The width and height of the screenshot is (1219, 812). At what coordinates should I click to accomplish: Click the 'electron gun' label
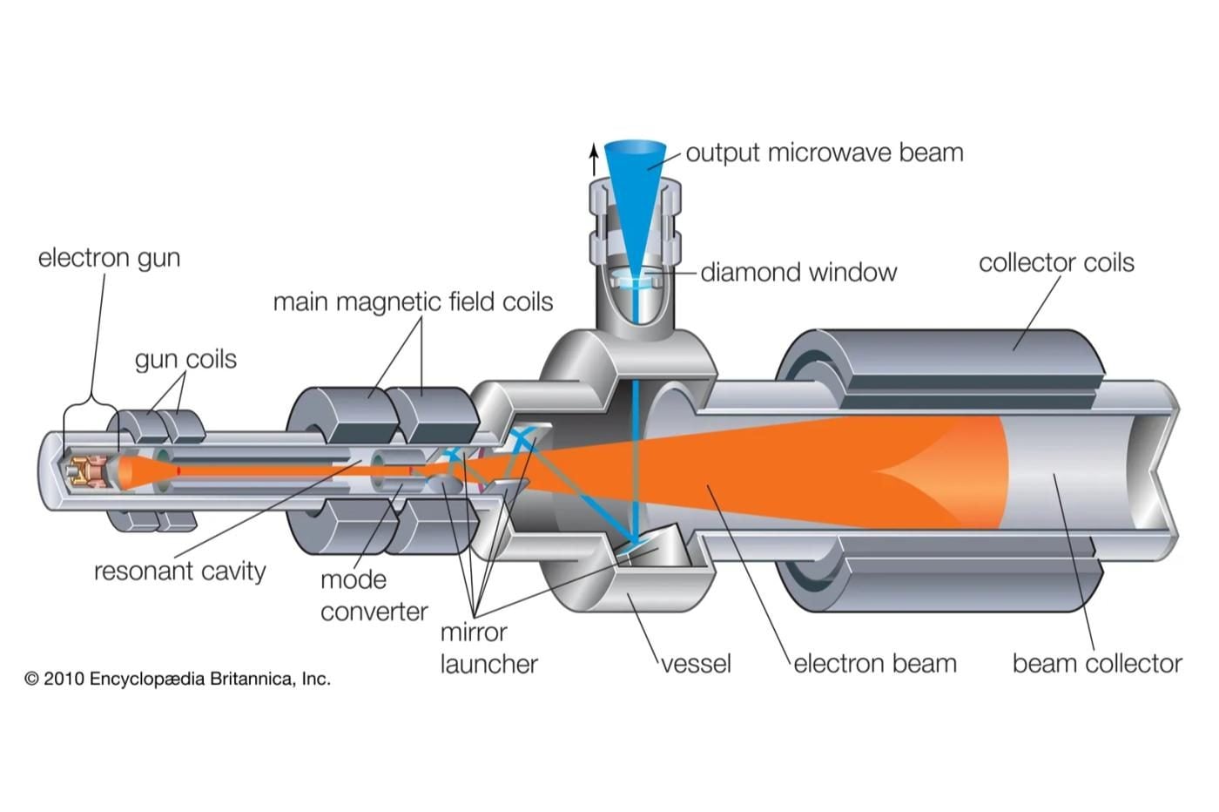click(x=109, y=258)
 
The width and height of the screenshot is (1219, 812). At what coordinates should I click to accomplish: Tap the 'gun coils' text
click(x=185, y=360)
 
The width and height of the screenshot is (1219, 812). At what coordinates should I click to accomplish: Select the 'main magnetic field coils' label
click(x=413, y=301)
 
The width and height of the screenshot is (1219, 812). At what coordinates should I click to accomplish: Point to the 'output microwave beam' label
click(x=825, y=152)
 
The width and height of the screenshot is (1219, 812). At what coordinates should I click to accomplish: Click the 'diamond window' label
click(x=798, y=273)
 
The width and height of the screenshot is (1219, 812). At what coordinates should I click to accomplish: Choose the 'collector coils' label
click(x=1056, y=262)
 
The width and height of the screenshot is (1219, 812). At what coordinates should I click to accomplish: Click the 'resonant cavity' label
click(x=179, y=572)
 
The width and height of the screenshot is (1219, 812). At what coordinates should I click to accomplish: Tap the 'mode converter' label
click(x=374, y=596)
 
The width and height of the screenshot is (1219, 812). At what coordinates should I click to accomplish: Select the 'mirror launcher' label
click(x=488, y=648)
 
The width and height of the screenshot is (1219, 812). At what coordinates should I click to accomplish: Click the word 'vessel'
click(x=696, y=664)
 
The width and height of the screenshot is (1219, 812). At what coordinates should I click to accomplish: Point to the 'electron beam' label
click(x=875, y=664)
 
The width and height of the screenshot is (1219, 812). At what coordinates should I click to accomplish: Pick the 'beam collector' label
click(x=1097, y=664)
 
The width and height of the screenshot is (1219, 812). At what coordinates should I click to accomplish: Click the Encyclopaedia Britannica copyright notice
click(x=178, y=679)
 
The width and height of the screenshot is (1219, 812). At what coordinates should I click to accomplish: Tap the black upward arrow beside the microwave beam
click(x=594, y=159)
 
